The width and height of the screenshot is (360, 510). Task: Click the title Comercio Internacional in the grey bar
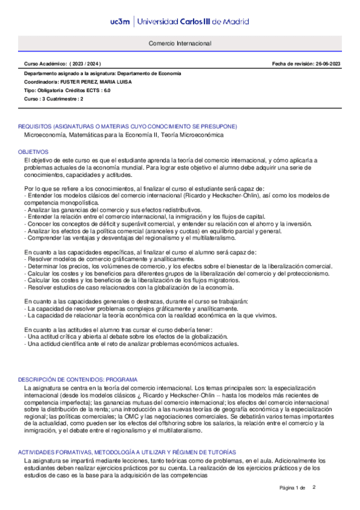point(180,44)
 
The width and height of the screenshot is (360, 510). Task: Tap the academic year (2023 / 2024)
point(86,63)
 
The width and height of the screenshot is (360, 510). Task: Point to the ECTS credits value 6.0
point(106,90)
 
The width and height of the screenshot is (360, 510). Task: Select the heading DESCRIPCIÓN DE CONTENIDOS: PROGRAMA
point(78,380)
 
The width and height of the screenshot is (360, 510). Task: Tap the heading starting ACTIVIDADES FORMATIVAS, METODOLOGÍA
point(127,452)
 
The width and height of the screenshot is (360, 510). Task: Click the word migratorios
point(218,280)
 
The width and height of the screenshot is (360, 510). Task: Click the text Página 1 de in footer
point(293,487)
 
